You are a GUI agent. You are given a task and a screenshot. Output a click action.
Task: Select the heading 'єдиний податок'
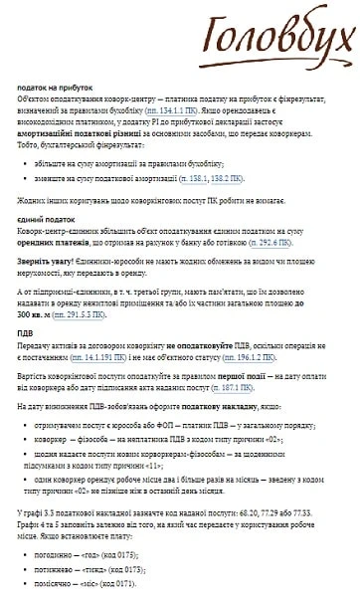pos(41,218)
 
